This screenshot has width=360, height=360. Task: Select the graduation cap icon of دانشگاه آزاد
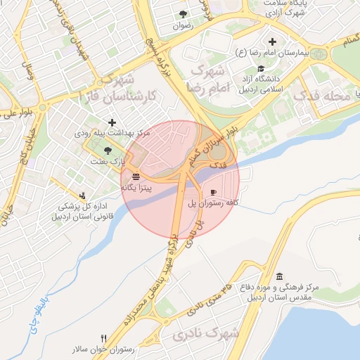tap(262, 69)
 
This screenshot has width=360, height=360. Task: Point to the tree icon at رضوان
tap(184, 14)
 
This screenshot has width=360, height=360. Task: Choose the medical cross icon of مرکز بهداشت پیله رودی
tap(112, 123)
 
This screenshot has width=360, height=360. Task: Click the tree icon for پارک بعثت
tap(108, 150)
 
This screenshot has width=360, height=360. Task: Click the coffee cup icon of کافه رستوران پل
tap(213, 192)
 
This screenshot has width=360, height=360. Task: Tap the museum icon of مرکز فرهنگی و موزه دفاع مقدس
tap(280, 276)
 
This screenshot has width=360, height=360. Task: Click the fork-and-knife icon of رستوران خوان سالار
tap(104, 338)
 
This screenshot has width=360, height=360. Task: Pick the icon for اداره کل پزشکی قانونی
tap(84, 195)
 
